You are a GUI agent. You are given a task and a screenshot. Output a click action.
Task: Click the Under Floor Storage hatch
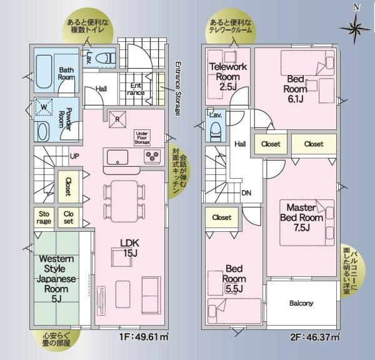[141, 137]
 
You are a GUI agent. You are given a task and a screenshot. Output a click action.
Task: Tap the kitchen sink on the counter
[117, 156]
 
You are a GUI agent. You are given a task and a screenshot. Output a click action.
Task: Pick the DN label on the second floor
[248, 192]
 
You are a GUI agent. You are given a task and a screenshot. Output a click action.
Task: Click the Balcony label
[301, 303]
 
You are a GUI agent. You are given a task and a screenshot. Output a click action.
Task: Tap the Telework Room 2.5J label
[228, 76]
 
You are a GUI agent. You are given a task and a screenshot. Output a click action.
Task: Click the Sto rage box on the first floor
[44, 217]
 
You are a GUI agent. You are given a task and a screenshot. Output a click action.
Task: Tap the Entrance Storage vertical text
[177, 88]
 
